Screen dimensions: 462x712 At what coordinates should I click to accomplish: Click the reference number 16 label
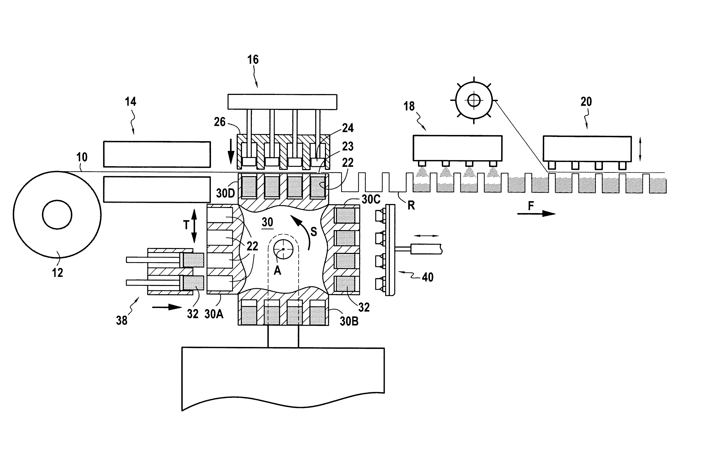pos(253,60)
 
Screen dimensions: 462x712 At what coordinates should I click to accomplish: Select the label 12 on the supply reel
pos(57,273)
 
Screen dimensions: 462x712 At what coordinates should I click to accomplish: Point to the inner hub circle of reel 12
pos(57,214)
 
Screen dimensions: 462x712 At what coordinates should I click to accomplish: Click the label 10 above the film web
pos(82,157)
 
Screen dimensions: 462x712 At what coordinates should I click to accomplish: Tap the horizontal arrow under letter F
pos(536,214)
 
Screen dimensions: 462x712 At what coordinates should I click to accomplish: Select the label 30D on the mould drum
pos(226,193)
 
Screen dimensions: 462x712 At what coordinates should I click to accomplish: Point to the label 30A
pos(214,314)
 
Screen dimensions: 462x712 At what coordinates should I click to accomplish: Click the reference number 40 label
pos(428,277)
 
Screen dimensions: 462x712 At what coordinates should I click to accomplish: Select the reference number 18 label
pos(409,106)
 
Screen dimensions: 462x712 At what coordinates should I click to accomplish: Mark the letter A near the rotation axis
pos(277,271)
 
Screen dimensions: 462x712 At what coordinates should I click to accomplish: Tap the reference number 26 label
pos(220,122)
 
